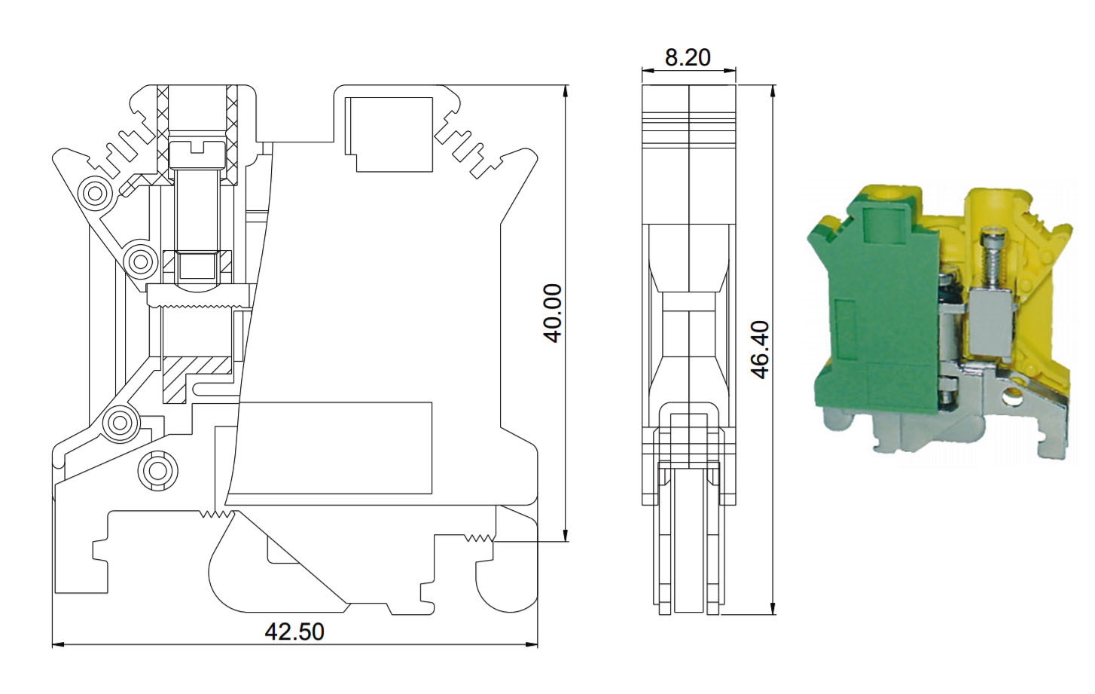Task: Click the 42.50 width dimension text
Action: click(294, 632)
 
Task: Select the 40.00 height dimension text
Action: click(554, 313)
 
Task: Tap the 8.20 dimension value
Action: click(688, 58)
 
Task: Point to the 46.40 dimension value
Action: click(761, 350)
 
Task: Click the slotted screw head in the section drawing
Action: click(197, 154)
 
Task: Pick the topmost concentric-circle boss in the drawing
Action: click(96, 193)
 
